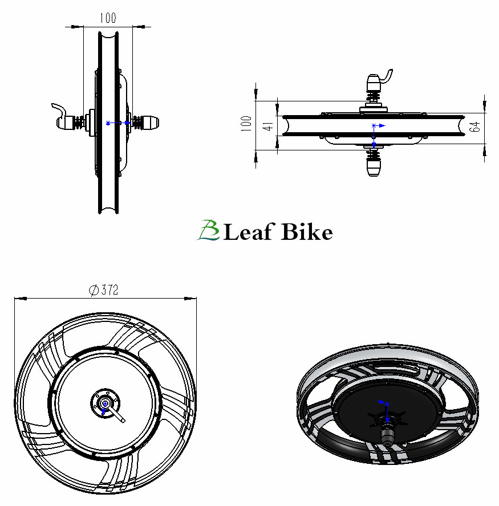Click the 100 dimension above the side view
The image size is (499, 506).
108,18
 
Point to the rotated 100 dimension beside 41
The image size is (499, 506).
246,124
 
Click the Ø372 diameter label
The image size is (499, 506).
104,290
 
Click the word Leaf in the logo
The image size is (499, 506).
249,231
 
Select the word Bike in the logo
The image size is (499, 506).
306,231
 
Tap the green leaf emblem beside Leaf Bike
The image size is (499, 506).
209,230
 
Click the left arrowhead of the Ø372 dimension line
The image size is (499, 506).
21,299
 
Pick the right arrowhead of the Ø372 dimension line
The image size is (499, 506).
190,299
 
